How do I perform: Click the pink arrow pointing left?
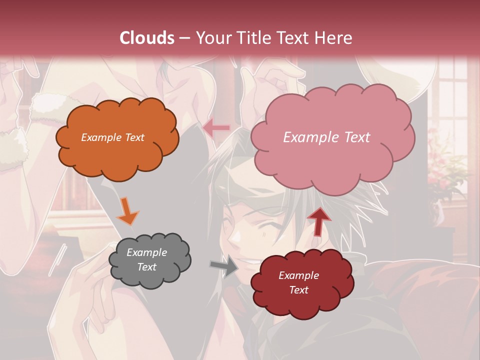pos(216,128)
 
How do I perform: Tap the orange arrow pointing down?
pos(127,211)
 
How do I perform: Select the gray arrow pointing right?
pos(224,265)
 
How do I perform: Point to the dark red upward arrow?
pos(319,220)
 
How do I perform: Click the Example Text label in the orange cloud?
pos(112,137)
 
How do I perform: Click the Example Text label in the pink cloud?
pos(326,137)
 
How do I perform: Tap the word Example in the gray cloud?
pos(146,252)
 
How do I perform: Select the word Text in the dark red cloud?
pos(298,290)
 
